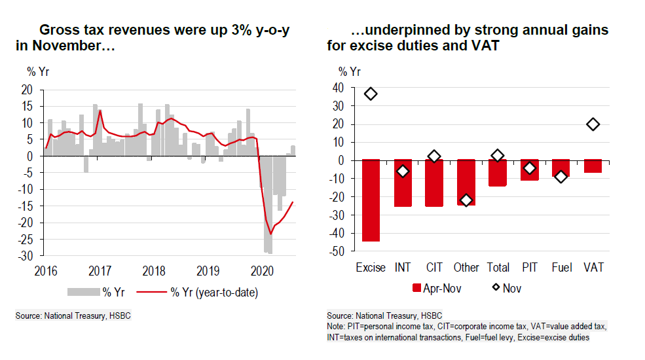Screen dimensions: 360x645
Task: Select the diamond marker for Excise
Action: [x=371, y=94]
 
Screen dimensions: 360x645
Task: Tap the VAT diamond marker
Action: [x=593, y=124]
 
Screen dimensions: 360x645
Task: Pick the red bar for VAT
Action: [x=593, y=166]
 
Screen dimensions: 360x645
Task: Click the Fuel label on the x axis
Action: [x=561, y=268]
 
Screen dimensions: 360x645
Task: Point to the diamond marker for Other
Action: [x=466, y=200]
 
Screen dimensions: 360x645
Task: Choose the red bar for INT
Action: [x=403, y=183]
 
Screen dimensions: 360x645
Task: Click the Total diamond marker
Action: [x=498, y=155]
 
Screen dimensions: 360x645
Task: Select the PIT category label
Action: [x=530, y=268]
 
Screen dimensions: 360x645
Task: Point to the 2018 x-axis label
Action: [x=154, y=270]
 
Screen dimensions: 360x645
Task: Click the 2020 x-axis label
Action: [x=262, y=270]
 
